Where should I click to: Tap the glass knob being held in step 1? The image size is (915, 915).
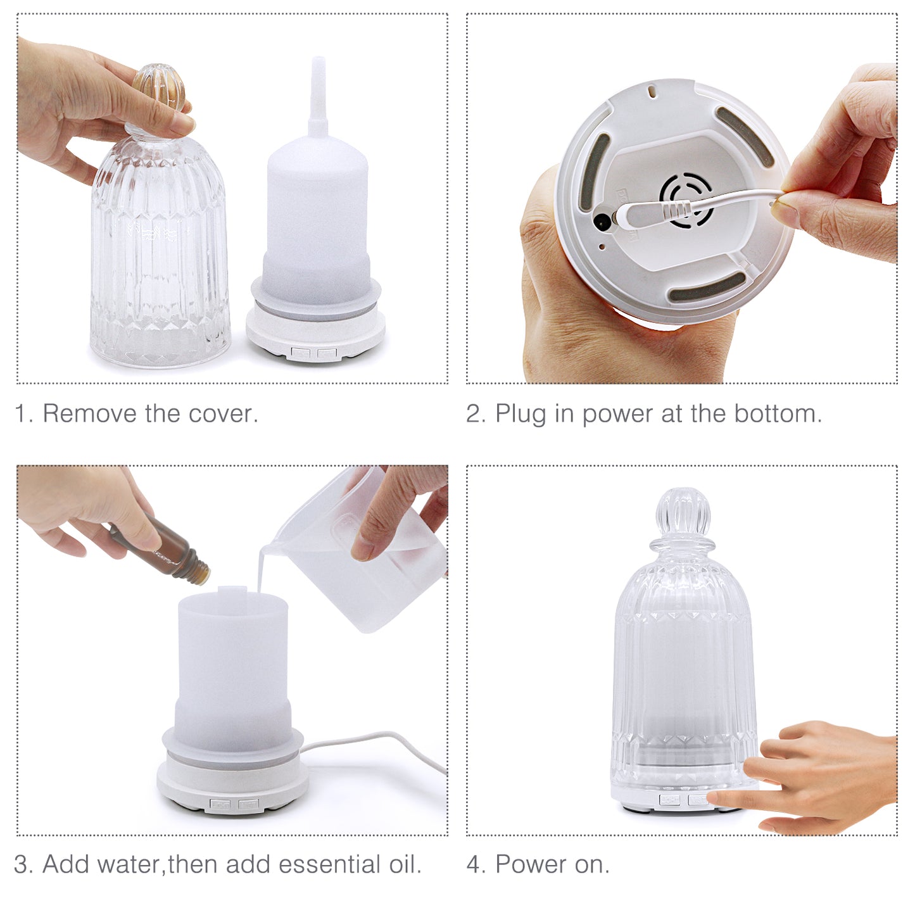[158, 89]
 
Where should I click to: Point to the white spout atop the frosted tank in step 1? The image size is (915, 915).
[318, 95]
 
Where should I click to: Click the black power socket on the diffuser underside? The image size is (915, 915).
[602, 222]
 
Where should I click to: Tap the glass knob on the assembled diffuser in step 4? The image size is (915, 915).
[683, 513]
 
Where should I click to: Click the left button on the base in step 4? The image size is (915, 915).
[669, 800]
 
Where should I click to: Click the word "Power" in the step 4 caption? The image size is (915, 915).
[530, 864]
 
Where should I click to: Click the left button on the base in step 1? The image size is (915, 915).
[301, 353]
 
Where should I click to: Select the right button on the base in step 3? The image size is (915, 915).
[248, 805]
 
